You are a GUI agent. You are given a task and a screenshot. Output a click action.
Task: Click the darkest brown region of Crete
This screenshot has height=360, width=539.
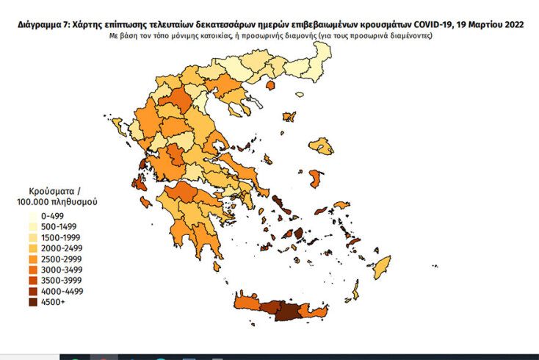click(x=286, y=312)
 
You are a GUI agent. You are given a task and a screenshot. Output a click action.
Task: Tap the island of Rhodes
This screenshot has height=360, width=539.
click(x=382, y=267)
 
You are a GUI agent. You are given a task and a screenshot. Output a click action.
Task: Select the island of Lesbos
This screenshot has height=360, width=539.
click(x=321, y=147)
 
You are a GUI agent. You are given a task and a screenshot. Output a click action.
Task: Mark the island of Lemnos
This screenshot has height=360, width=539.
click(x=289, y=117)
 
